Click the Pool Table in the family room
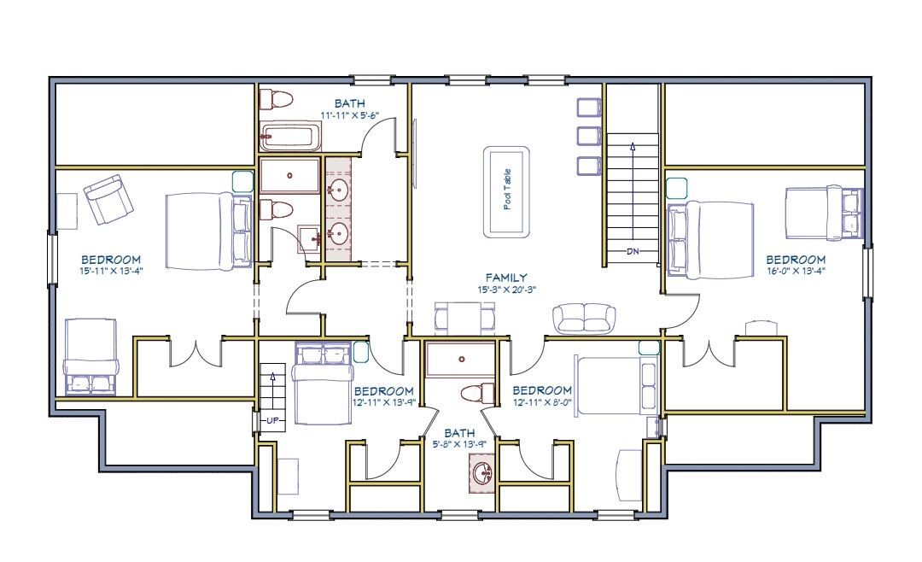506,192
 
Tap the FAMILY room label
506,278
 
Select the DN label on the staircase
633,252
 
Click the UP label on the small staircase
272,421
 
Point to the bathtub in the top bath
290,137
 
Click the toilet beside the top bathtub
277,98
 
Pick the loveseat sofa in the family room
584,319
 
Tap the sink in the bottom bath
481,472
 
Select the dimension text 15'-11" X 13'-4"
111,272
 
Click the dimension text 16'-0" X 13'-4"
796,272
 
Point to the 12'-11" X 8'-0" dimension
541,402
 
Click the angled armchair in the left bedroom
108,199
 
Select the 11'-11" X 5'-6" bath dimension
350,115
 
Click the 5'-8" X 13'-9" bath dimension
459,445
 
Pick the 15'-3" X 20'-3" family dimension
506,290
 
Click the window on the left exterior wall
52,260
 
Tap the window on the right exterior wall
867,272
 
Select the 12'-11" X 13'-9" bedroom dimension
384,403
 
